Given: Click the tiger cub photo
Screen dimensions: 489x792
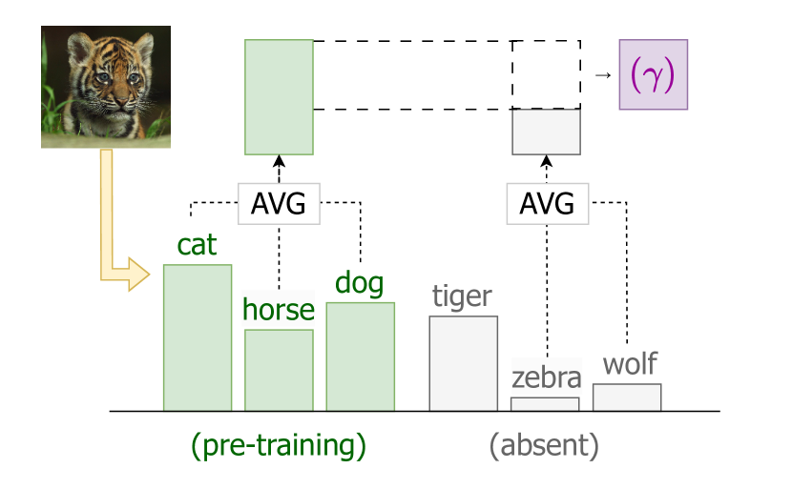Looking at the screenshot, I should coord(106,87).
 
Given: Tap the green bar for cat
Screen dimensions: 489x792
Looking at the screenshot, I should coord(198,337).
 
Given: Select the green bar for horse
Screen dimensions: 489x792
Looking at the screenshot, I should coord(279,370).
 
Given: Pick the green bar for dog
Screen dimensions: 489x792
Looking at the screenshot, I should coord(360,357).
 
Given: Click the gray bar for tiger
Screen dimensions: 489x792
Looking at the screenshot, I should coord(463,363).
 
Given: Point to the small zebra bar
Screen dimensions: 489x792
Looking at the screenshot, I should coord(545,404).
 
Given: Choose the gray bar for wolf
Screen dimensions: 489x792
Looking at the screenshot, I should coord(626,397).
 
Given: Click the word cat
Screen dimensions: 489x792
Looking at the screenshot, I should coord(198,245).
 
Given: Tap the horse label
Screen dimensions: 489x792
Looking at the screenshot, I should coord(279,309).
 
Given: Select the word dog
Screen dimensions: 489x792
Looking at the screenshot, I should coord(360,283).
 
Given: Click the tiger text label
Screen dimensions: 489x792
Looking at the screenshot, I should coord(463,296).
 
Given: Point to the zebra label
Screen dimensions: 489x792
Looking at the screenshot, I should coord(545,377).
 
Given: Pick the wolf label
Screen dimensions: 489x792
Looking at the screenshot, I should coord(630,363).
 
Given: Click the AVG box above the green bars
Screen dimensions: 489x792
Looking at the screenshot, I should coord(279,203).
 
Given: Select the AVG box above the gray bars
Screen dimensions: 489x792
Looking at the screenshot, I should coord(548,203).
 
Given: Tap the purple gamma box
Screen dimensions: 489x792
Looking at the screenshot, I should coord(653,74).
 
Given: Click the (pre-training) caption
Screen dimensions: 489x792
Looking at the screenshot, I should coord(279,445).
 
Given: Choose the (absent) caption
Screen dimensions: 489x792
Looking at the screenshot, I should coord(544,445).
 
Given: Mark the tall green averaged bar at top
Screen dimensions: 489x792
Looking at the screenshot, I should coord(279,96).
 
